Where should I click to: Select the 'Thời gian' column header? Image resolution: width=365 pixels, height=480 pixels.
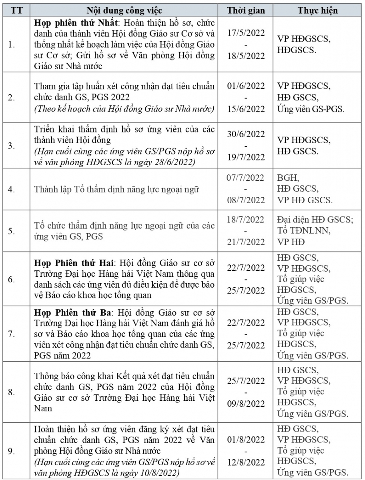pos(246,10)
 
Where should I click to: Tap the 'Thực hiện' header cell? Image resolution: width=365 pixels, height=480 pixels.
pos(317,10)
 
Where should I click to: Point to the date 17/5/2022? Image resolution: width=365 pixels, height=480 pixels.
pos(246,33)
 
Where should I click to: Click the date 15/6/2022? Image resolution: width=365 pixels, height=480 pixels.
pos(246,109)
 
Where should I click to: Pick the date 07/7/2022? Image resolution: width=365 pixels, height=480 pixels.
pos(246,178)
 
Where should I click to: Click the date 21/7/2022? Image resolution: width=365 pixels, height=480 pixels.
pos(246,242)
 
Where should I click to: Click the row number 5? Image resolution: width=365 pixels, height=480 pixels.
pos(12,231)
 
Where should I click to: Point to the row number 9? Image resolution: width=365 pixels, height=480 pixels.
pos(12,451)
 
